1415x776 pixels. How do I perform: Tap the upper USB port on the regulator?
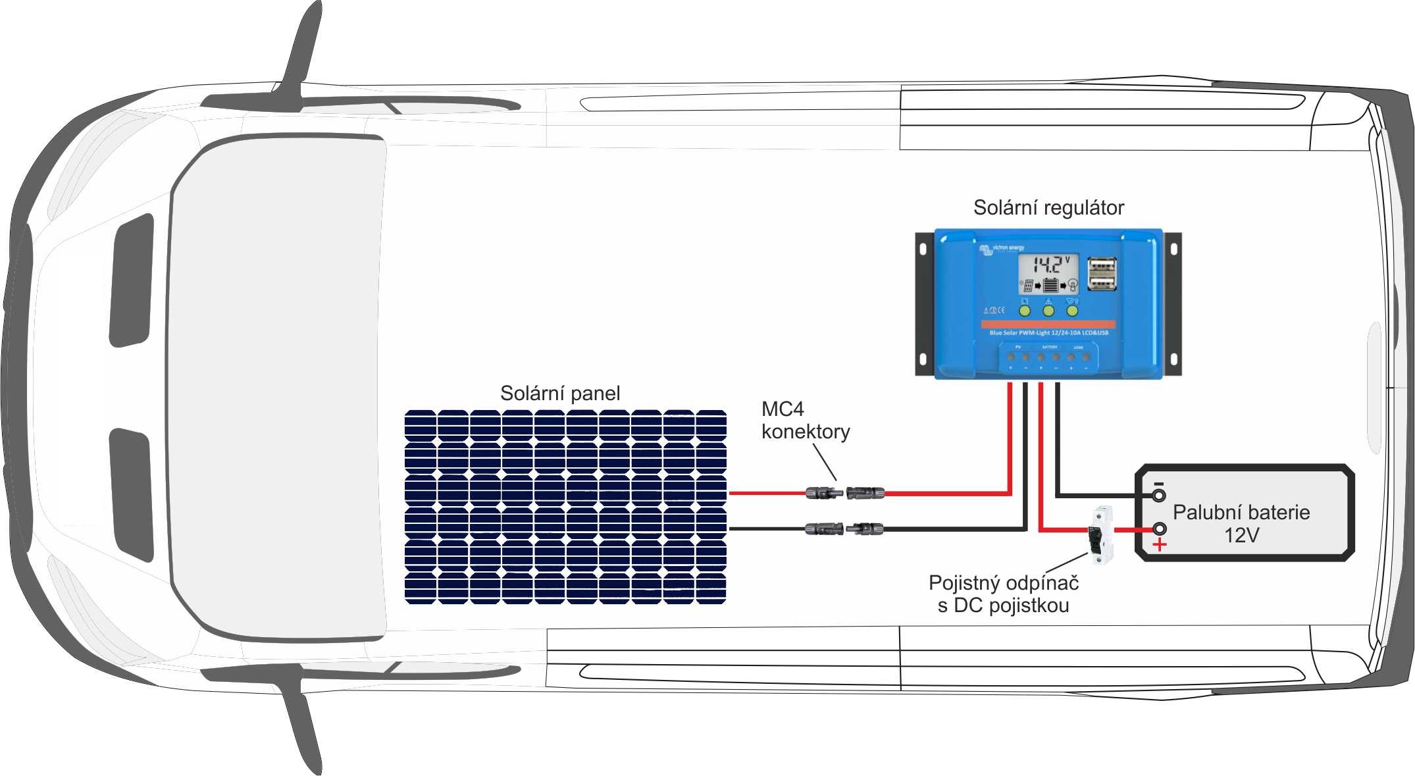1102,267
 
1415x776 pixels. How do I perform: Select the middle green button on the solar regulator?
1048,310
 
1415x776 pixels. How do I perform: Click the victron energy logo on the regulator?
1002,249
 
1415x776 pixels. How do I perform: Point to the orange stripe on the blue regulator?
1048,324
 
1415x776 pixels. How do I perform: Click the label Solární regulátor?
1048,208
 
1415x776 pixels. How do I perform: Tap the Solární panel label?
560,394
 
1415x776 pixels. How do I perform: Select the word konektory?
806,432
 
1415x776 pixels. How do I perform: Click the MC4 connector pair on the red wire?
845,492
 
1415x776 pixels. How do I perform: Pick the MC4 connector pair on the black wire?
845,528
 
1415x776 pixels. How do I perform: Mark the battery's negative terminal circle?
1159,495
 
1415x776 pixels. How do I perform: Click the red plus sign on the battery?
1160,545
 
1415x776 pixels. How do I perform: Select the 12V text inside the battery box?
1241,536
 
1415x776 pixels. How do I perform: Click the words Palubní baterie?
1241,512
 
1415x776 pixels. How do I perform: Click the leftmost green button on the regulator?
1025,310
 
